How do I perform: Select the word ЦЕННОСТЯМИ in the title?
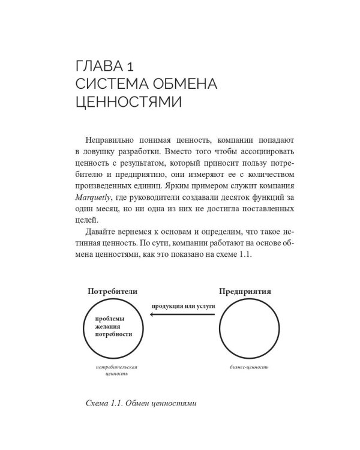click(122, 103)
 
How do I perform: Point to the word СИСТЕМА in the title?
click(106, 82)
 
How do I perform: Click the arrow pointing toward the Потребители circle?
click(180, 321)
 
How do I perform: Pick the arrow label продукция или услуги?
click(182, 305)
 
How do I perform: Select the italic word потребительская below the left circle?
click(113, 366)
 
